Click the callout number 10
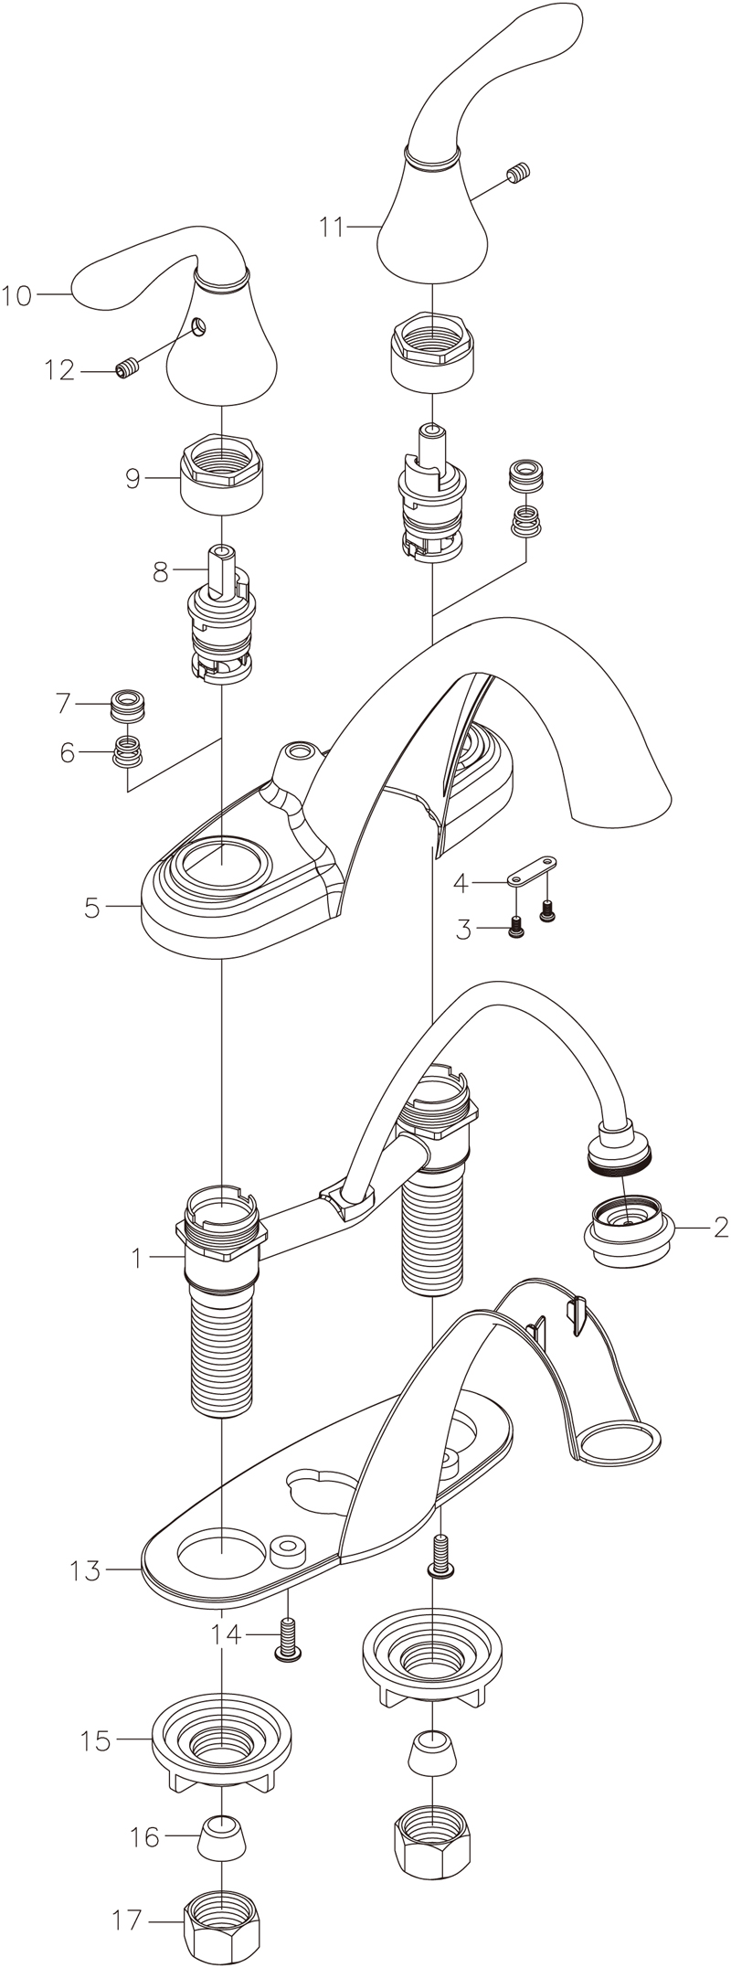point(16,295)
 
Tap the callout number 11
point(333,227)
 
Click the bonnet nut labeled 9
point(224,476)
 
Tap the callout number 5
point(91,909)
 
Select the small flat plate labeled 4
point(532,872)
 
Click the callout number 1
point(136,1259)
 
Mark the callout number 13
point(86,1571)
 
